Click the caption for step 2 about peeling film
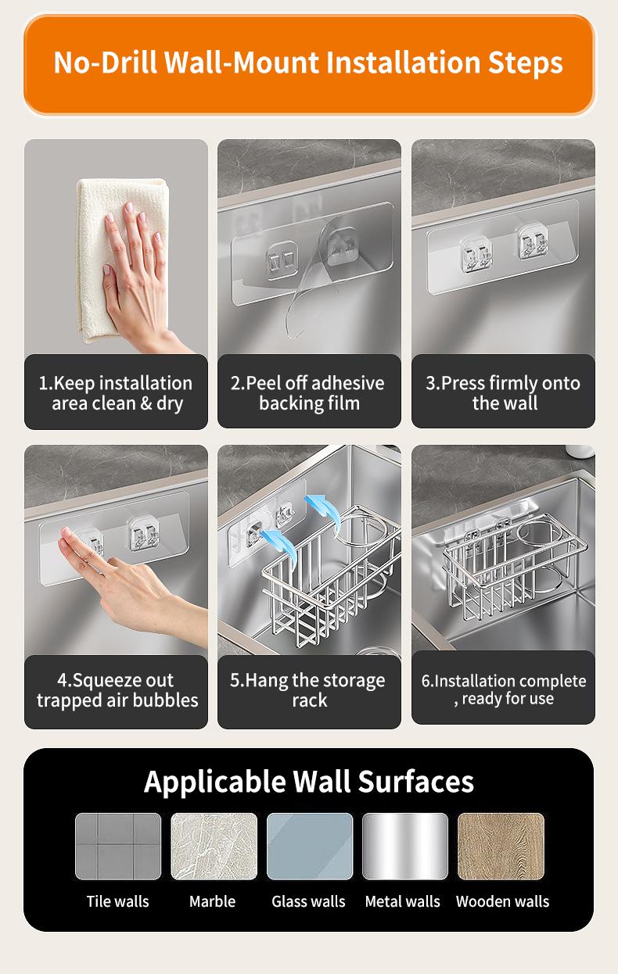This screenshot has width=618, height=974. click(x=308, y=393)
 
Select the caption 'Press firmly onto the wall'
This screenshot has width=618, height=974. click(x=503, y=393)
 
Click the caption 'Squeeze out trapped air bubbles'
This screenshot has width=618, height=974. click(x=117, y=690)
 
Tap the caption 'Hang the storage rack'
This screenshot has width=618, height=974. click(x=308, y=690)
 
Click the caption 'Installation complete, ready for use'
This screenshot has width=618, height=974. click(x=504, y=689)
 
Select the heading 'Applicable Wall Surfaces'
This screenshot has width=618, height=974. click(x=309, y=782)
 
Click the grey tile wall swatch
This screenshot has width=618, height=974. click(x=118, y=846)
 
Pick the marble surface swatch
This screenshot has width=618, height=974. click(x=214, y=846)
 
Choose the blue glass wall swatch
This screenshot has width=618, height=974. click(x=310, y=846)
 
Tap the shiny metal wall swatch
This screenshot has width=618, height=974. click(x=405, y=846)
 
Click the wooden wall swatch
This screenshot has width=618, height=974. click(x=501, y=846)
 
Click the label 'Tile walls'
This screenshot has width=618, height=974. click(x=117, y=901)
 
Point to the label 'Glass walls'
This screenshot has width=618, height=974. click(x=308, y=901)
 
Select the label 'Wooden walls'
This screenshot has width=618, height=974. click(x=503, y=901)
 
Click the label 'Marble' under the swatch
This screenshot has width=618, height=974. click(x=212, y=901)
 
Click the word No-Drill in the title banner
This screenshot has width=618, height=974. click(x=105, y=63)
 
